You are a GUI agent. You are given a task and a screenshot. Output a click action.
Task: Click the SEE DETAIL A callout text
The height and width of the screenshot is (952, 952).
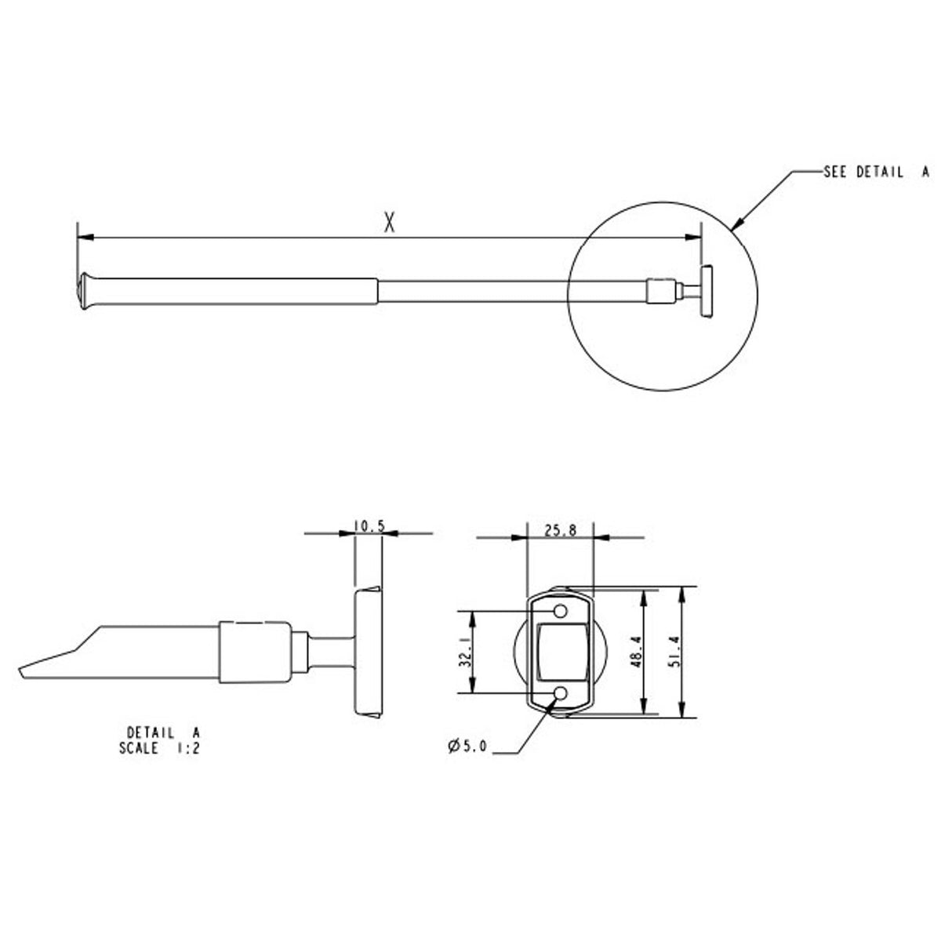pyautogui.click(x=875, y=173)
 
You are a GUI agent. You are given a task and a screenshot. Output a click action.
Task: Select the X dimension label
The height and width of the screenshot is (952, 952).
pyautogui.click(x=389, y=223)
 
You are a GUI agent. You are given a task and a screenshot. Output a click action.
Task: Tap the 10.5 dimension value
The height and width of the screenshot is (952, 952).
pyautogui.click(x=369, y=526)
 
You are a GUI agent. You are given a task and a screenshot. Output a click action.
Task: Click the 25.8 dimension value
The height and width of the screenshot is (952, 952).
pyautogui.click(x=560, y=530)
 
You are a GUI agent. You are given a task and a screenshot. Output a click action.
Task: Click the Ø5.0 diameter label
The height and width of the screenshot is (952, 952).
pyautogui.click(x=468, y=747)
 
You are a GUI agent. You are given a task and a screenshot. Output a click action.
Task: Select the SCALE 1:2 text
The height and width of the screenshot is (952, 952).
pyautogui.click(x=160, y=748)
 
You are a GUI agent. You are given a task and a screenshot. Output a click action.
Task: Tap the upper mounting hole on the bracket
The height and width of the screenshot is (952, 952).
pyautogui.click(x=561, y=610)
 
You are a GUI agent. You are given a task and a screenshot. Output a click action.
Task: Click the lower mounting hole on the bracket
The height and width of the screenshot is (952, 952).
pyautogui.click(x=561, y=693)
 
